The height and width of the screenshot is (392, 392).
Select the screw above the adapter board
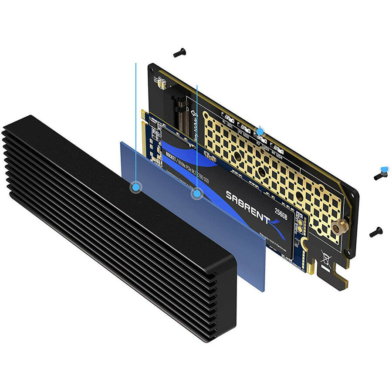179,53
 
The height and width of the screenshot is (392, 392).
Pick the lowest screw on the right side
375,232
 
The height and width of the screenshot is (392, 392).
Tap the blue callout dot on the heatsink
136,186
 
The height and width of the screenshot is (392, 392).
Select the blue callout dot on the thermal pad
197,193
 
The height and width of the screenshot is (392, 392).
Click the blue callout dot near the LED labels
260,131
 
